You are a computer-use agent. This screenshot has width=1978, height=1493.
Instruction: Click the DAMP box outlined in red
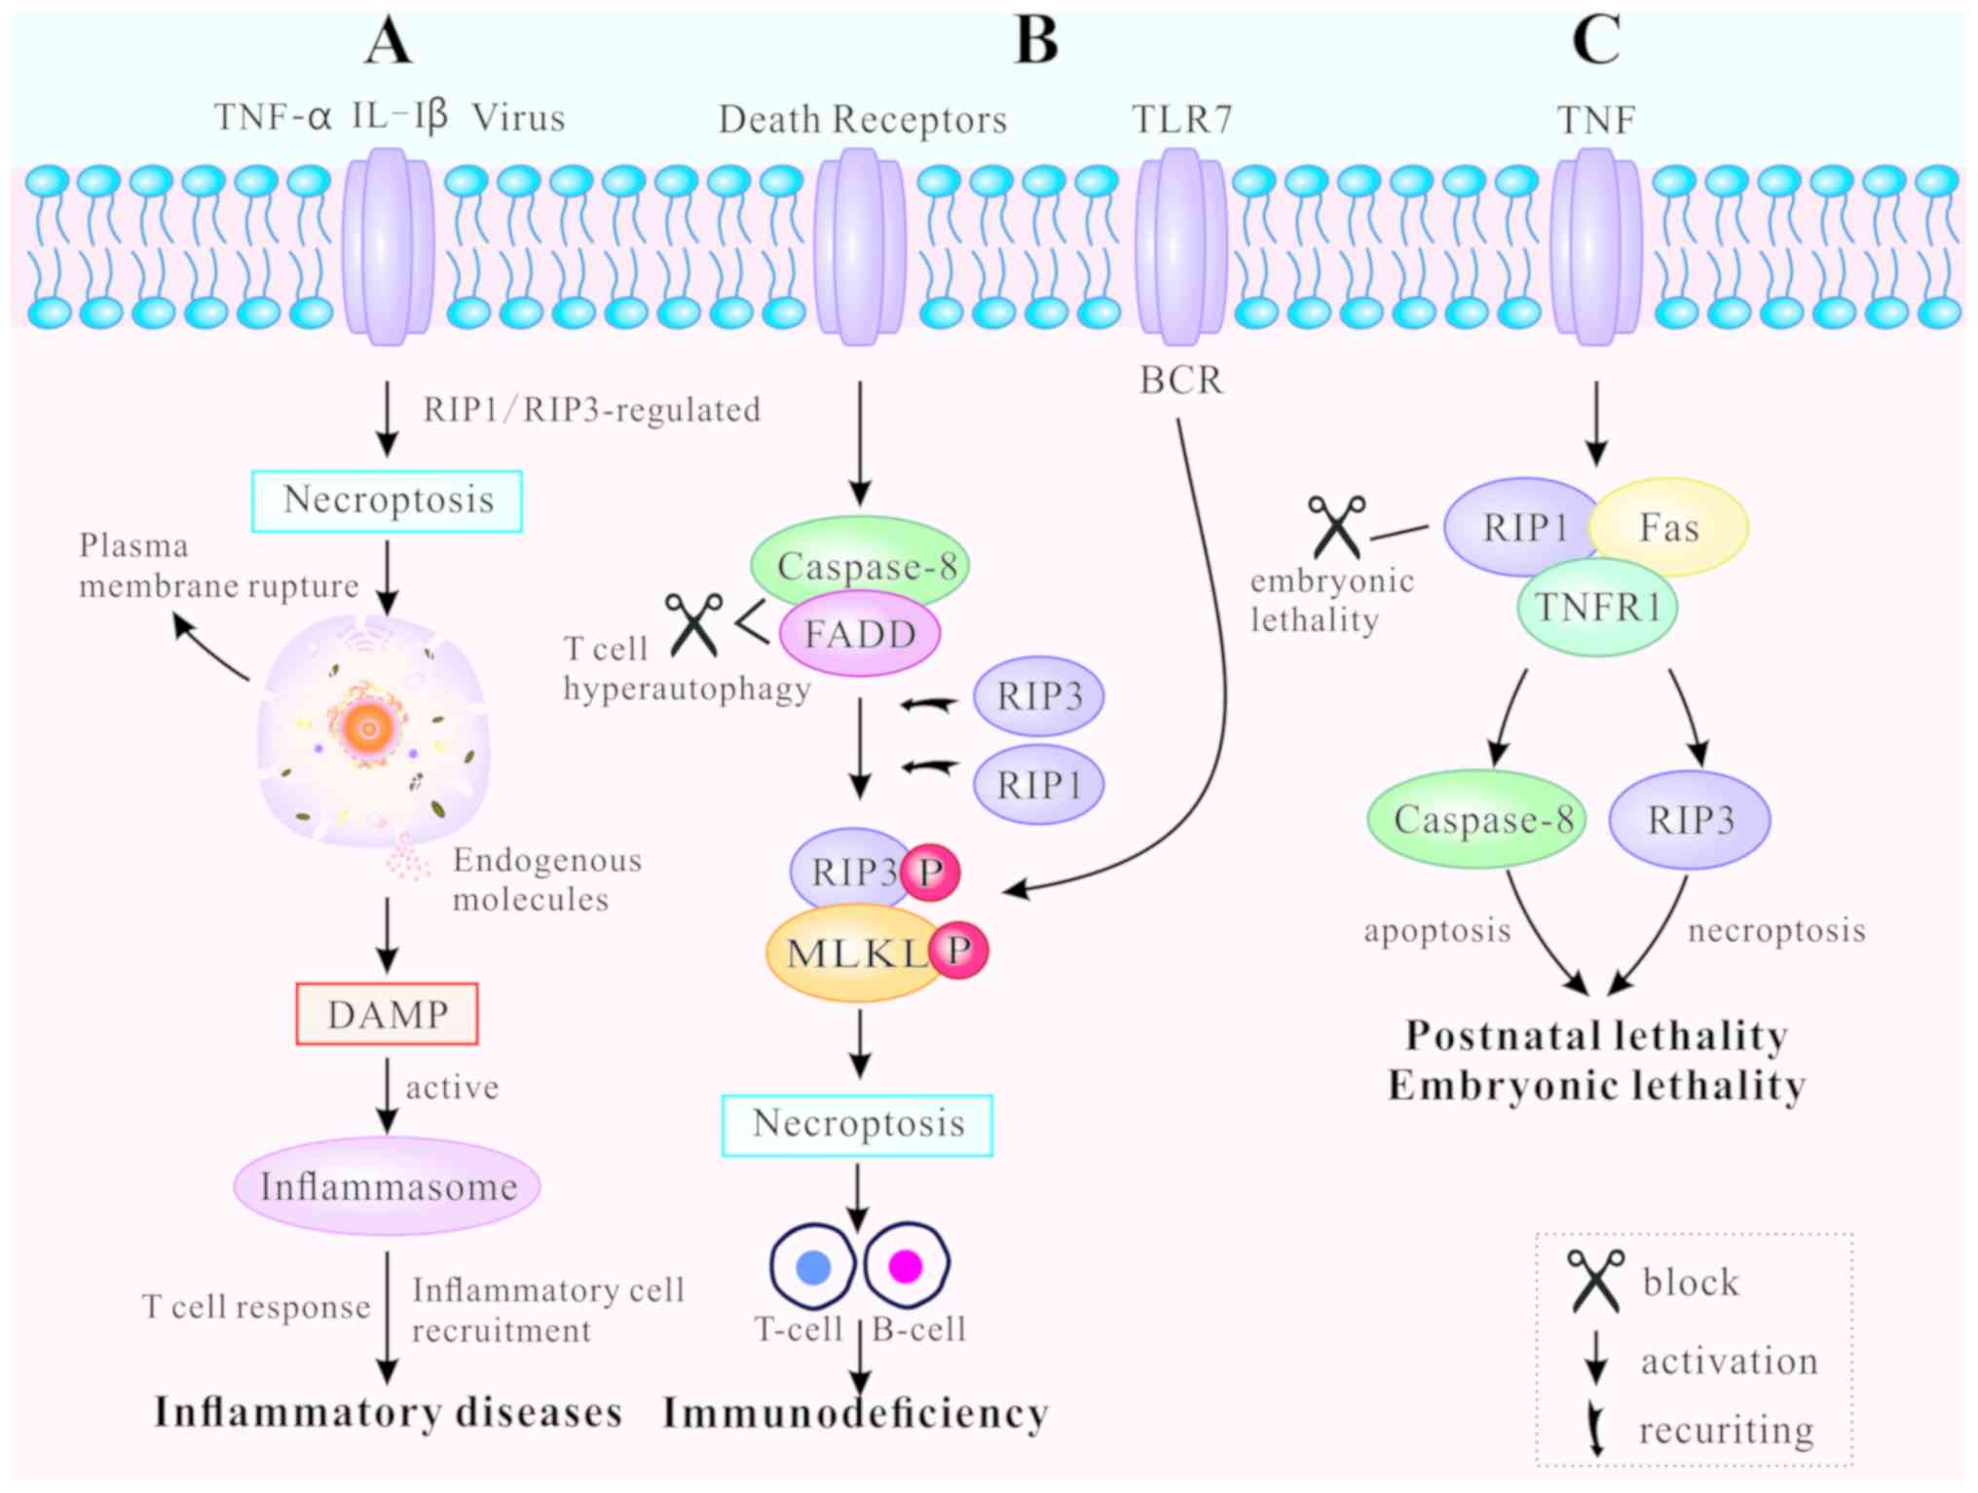pos(387,1014)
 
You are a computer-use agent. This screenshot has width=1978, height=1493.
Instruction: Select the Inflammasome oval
pos(387,1185)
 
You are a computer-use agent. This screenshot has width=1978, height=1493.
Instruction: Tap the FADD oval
pos(860,634)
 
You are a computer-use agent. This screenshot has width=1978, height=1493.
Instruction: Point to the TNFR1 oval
pos(1597,608)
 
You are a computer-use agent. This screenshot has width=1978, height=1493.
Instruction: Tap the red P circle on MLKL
pos(958,950)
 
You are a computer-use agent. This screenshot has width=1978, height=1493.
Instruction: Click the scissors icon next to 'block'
pos(1595,1281)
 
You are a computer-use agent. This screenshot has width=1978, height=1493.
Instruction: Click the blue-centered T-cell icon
pos(813,1266)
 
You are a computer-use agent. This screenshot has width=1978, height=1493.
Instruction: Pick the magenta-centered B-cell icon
pos(906,1265)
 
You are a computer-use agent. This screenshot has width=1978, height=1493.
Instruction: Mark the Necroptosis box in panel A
pos(387,501)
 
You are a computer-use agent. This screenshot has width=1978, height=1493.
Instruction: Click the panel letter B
pos(1035,41)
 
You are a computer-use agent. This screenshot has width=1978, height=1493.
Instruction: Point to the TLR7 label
pos(1181,120)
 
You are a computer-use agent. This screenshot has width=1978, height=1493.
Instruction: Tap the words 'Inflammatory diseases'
pos(388,1412)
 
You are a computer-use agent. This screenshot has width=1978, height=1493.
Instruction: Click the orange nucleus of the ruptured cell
pos(368,727)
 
